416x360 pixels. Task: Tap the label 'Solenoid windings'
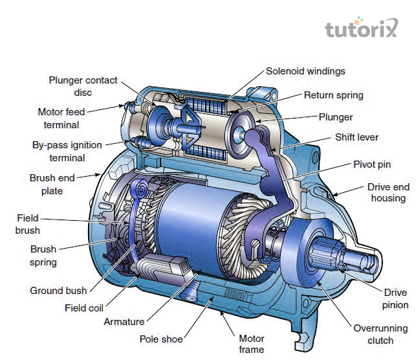coord(305,71)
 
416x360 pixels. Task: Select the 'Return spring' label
coord(333,95)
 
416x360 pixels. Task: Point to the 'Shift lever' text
coord(356,137)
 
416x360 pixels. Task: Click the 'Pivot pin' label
coord(372,164)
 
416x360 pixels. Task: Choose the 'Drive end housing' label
coord(388,192)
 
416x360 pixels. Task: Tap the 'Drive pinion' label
coord(395,298)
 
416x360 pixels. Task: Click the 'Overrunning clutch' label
coord(380,334)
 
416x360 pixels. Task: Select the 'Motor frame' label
coord(252,343)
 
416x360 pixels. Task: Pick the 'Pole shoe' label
coord(161,339)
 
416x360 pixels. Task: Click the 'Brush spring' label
coord(43,256)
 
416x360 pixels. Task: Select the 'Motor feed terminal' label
coord(61,118)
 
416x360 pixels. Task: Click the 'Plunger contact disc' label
coord(83,86)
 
